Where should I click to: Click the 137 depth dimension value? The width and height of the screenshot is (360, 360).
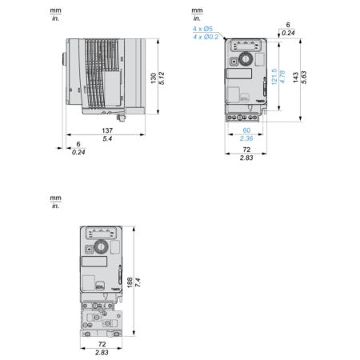[107, 130]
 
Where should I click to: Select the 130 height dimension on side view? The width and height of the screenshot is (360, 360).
[154, 78]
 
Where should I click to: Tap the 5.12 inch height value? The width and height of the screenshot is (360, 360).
[162, 78]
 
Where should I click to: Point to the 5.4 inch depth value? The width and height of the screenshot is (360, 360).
[107, 138]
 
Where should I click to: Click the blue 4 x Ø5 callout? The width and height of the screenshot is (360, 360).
[202, 29]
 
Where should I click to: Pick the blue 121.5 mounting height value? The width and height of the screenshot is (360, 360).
[274, 77]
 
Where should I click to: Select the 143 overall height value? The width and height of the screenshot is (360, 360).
[296, 78]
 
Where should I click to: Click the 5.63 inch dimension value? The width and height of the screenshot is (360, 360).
[304, 78]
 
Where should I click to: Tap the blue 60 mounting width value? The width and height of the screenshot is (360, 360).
[246, 130]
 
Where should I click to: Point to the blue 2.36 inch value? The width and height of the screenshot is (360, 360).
[246, 138]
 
